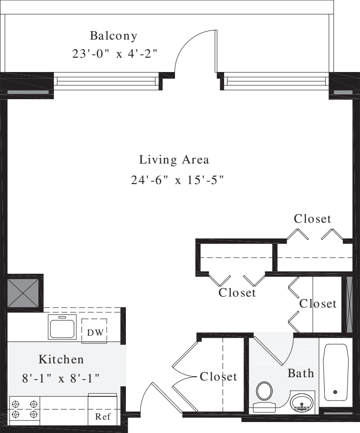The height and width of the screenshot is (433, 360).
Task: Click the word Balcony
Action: click(113, 36)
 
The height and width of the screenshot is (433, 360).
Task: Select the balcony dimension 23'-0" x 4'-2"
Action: click(115, 53)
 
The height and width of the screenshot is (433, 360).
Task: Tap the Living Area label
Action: click(174, 159)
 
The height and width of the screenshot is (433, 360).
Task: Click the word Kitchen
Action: click(61, 359)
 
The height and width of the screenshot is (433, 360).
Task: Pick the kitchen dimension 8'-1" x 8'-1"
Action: click(61, 379)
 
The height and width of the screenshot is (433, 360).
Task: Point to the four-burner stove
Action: click(24, 408)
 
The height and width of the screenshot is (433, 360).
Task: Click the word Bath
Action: click(301, 373)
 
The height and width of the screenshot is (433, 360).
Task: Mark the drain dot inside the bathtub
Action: click(335, 392)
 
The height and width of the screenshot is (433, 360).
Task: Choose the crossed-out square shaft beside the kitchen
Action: click(24, 292)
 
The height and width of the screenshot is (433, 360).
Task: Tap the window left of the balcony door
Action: click(106, 81)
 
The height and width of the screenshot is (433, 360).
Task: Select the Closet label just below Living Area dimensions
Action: click(312, 219)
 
